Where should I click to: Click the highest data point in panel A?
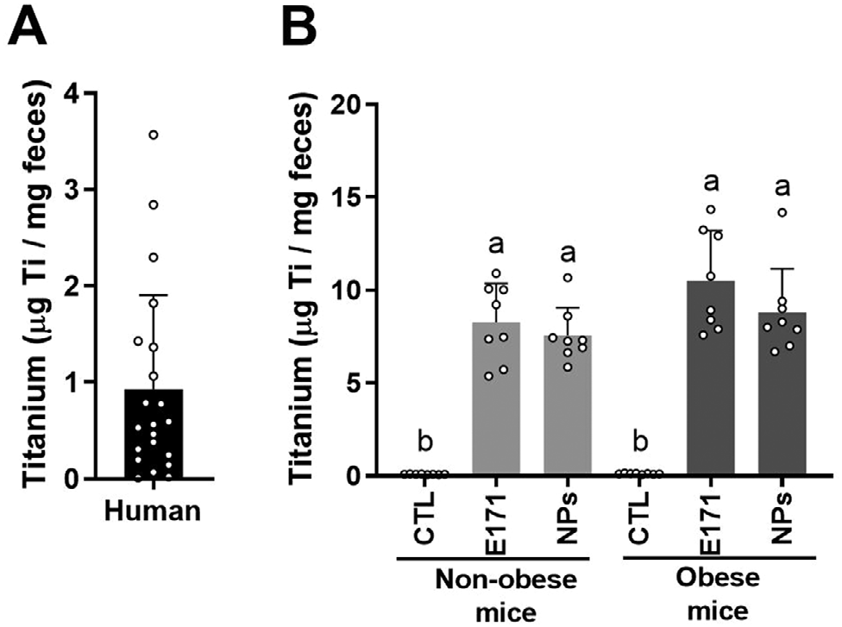pyautogui.click(x=154, y=135)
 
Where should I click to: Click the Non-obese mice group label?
pyautogui.click(x=495, y=593)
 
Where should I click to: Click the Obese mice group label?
pyautogui.click(x=711, y=593)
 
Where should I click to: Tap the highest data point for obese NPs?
pyautogui.click(x=782, y=213)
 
